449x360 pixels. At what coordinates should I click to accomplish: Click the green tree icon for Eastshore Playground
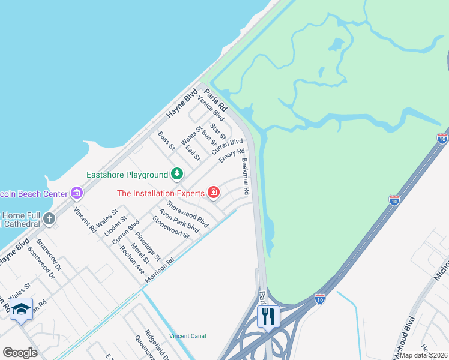click(176, 174)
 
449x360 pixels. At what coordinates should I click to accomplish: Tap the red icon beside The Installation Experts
click(213, 193)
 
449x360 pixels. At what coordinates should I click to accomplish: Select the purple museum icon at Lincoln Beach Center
click(77, 193)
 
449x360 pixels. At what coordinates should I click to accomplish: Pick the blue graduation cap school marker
click(21, 310)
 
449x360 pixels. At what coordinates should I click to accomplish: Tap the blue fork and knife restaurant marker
click(268, 316)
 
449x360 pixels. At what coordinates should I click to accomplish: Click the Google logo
click(20, 353)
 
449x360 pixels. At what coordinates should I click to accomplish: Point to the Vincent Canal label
click(188, 336)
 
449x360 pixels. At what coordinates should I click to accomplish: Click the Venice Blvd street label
click(211, 108)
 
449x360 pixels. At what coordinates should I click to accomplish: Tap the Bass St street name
click(166, 141)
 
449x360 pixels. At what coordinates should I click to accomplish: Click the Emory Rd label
click(232, 155)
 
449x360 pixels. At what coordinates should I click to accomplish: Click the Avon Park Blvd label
click(179, 221)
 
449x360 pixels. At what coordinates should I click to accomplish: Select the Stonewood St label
click(171, 227)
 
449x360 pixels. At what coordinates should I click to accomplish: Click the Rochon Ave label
click(132, 259)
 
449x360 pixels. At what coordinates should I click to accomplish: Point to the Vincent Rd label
click(85, 220)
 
